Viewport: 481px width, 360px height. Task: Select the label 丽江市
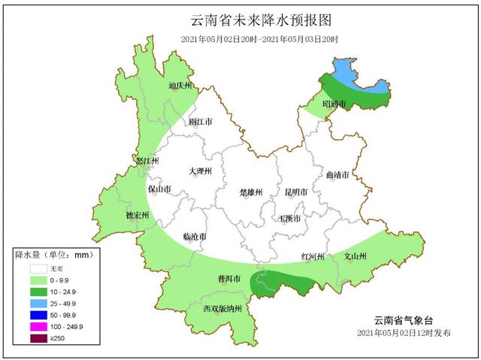(x=200, y=121)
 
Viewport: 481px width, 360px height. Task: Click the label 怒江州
(x=146, y=161)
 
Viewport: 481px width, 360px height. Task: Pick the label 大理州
(x=201, y=171)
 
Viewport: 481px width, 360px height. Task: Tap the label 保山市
(x=160, y=189)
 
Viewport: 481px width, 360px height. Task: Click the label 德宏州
(x=137, y=216)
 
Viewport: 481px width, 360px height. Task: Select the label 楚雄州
(x=250, y=192)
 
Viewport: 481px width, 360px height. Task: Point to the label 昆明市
(x=295, y=192)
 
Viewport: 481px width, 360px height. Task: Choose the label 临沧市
(x=195, y=237)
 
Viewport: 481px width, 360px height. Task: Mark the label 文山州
(x=355, y=256)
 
